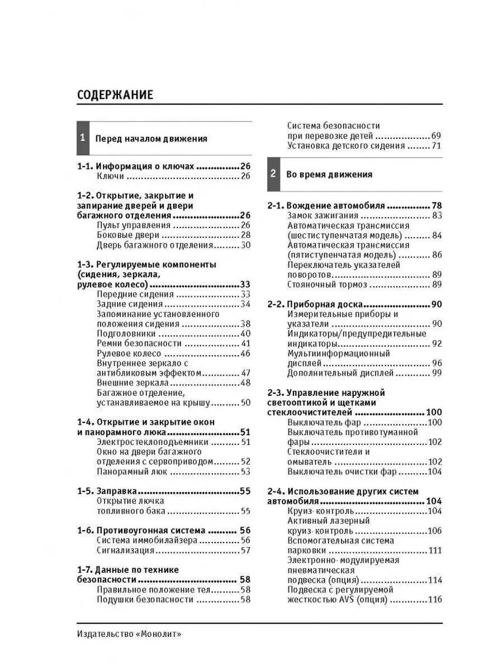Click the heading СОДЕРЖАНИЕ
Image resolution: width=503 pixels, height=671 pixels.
pyautogui.click(x=115, y=94)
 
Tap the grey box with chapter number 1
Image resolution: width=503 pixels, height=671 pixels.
pyautogui.click(x=83, y=138)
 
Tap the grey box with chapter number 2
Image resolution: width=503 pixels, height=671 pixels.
pyautogui.click(x=273, y=173)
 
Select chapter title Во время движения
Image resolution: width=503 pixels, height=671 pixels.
pyautogui.click(x=329, y=174)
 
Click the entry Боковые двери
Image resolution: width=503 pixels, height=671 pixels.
pyautogui.click(x=128, y=235)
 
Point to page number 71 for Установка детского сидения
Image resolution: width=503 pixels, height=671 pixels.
pyautogui.click(x=436, y=145)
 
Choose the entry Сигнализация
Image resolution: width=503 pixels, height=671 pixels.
pyautogui.click(x=125, y=550)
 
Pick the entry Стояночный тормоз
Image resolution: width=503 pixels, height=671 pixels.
pyautogui.click(x=328, y=285)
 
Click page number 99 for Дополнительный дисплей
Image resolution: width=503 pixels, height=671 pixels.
pyautogui.click(x=436, y=372)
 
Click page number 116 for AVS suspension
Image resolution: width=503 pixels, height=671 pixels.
pyautogui.click(x=434, y=599)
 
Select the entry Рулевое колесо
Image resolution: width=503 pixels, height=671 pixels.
pyautogui.click(x=129, y=353)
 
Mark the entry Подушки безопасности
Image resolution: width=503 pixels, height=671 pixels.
pyautogui.click(x=145, y=599)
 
